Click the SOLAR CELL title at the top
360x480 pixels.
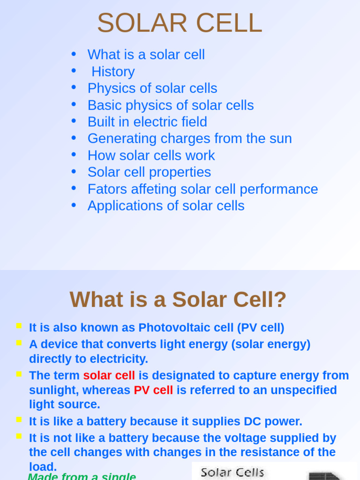(x=180, y=23)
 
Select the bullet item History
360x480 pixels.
(x=113, y=72)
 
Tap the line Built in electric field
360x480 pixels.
(x=147, y=122)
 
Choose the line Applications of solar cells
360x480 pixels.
(x=166, y=206)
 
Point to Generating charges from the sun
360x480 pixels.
(x=189, y=139)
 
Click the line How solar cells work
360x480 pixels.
(x=151, y=156)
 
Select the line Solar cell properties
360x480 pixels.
(x=149, y=172)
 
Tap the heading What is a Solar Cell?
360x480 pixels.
(x=178, y=300)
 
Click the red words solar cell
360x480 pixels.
(x=109, y=375)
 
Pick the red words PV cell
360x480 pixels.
(x=153, y=390)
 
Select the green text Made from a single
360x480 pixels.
(x=82, y=476)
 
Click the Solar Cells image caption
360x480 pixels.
(x=232, y=472)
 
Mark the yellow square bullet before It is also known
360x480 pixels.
(x=19, y=326)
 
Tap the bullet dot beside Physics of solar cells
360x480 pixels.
(x=74, y=87)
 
